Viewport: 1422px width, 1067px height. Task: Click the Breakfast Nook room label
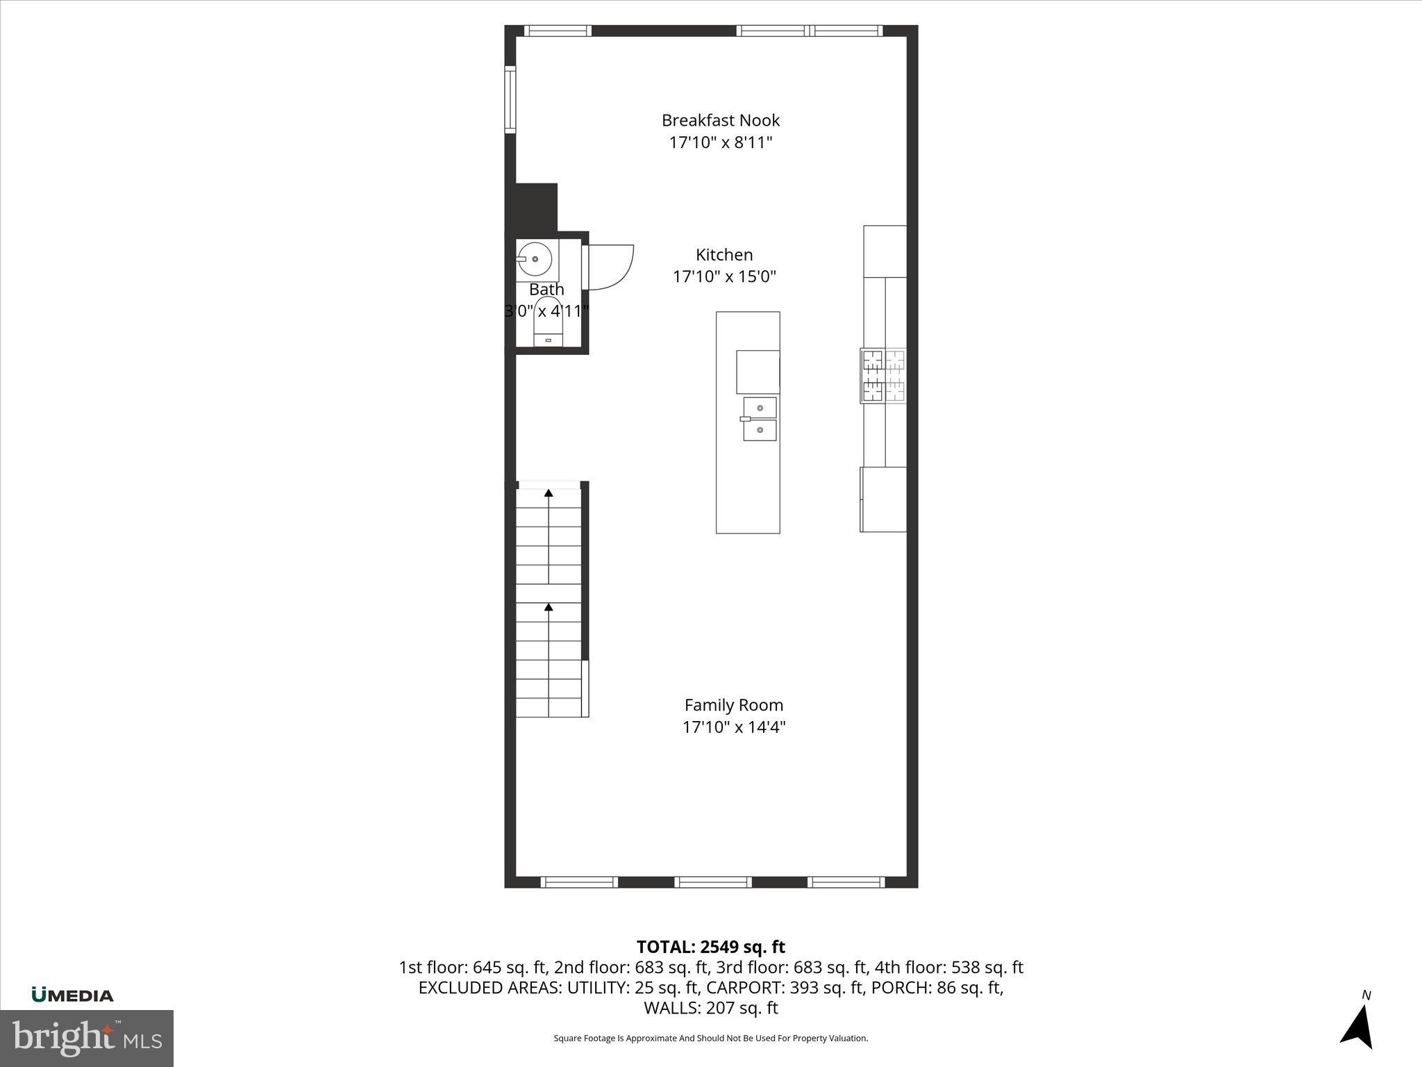tap(721, 120)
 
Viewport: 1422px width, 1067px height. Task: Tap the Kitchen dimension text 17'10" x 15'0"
tap(724, 276)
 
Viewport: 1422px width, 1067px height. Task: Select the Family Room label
tap(734, 705)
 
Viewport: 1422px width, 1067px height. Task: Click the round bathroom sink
tap(535, 259)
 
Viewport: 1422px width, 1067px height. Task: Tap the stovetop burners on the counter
tap(884, 376)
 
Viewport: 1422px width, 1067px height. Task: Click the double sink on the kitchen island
tap(760, 419)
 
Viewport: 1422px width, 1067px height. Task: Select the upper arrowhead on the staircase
tap(549, 493)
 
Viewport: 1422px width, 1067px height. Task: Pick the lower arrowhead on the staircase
tap(549, 607)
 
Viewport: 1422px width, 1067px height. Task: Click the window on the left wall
tap(510, 99)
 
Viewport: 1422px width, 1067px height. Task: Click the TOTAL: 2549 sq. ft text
tap(710, 947)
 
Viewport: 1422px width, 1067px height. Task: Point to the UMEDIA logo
tap(72, 995)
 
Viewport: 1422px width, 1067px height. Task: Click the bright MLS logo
tap(87, 1038)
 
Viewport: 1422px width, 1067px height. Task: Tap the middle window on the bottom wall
tap(713, 882)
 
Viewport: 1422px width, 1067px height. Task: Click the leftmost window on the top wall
tap(558, 31)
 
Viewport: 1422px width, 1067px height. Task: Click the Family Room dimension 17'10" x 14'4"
tap(734, 727)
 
